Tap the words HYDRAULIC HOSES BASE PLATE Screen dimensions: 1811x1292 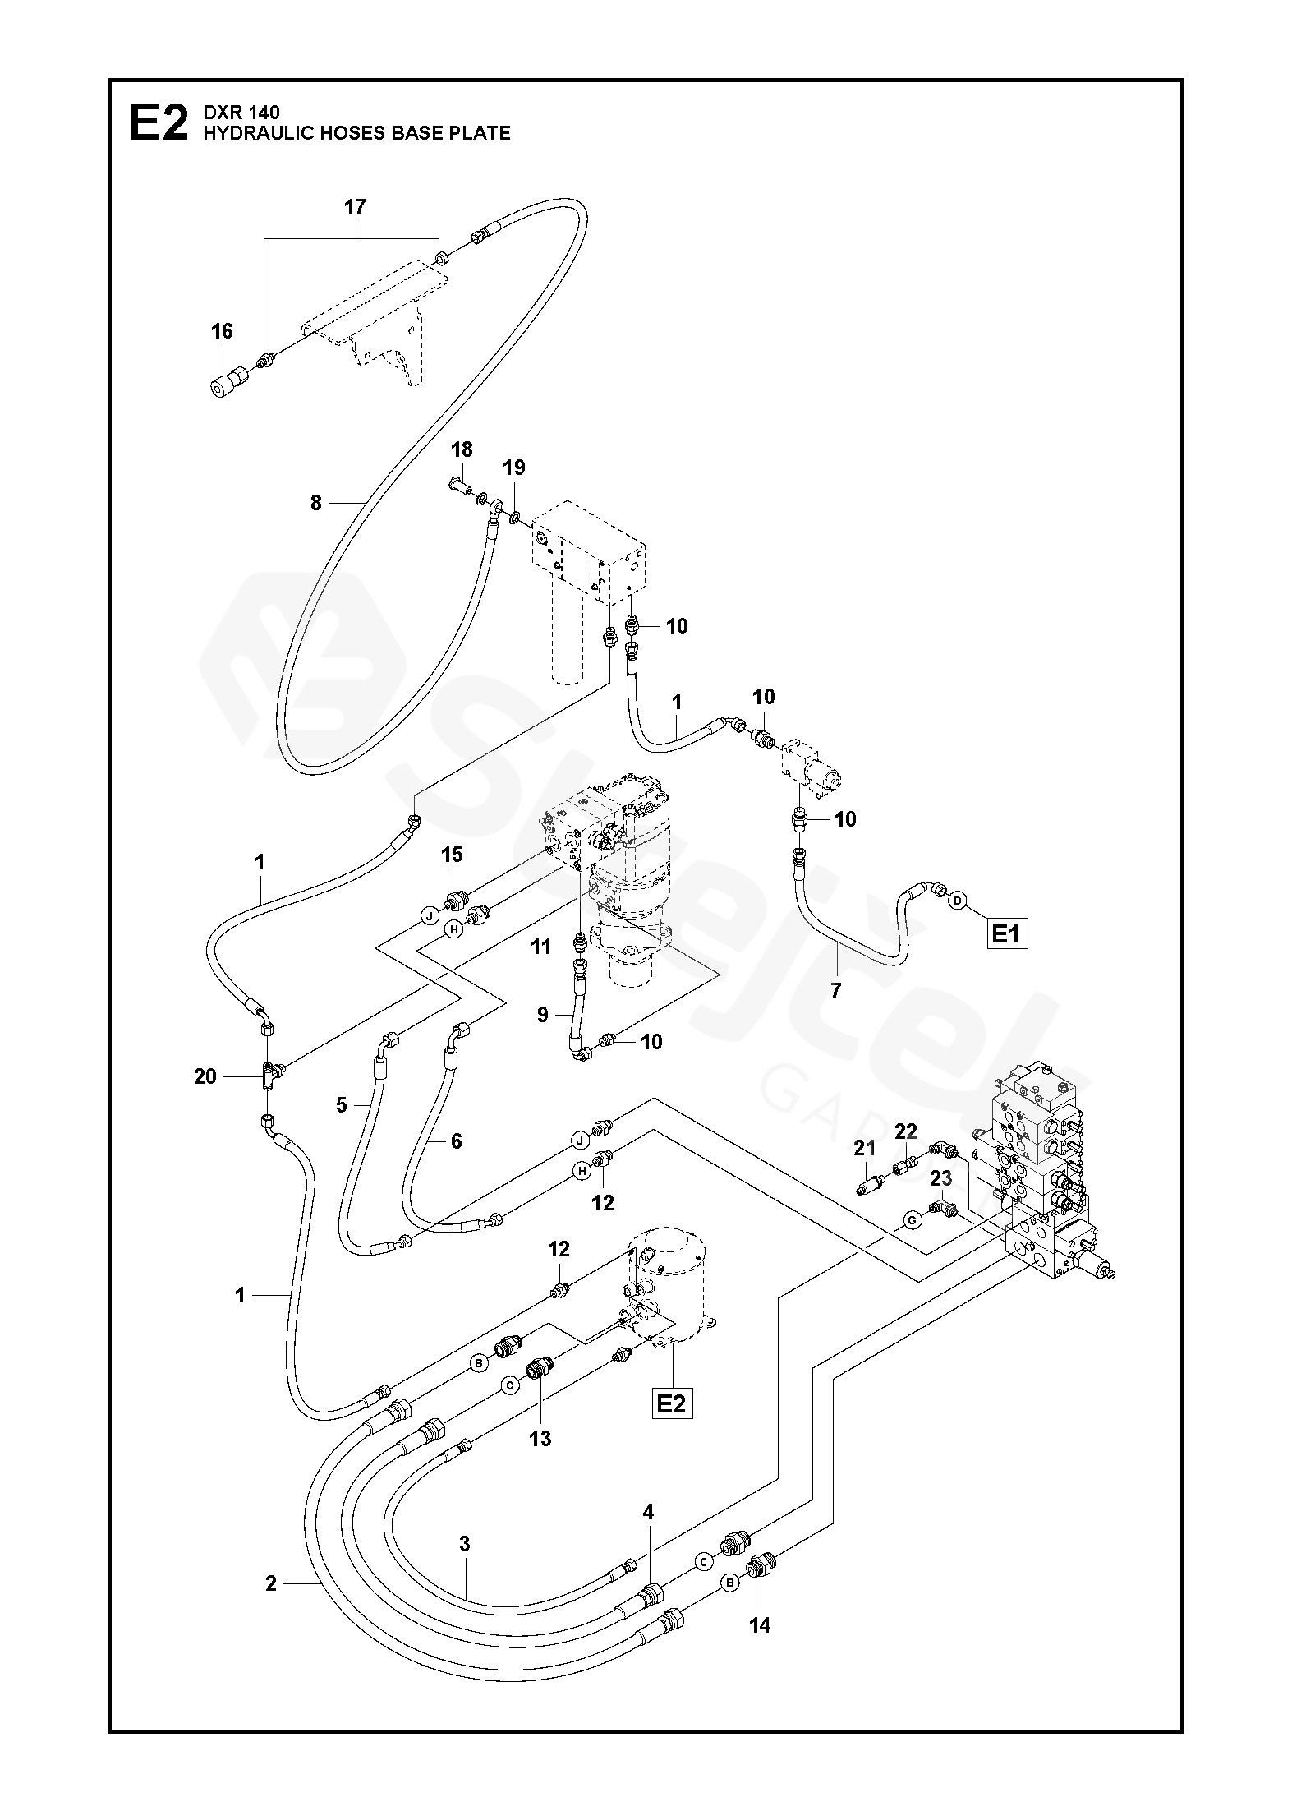356,133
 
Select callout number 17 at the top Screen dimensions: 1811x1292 354,208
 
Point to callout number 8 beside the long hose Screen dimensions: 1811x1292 316,503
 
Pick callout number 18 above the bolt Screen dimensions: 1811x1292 462,449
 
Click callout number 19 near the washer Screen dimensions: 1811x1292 514,468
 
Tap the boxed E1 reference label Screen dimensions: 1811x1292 1006,933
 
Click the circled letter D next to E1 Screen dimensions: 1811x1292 957,901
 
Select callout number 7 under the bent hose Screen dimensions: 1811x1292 836,991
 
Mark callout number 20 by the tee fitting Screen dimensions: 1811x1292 205,1076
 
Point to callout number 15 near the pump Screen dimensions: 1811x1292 452,855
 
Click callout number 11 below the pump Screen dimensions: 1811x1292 541,947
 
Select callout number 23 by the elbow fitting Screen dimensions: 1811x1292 940,1178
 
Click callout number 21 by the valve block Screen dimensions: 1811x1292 864,1148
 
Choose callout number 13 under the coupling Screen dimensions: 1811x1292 540,1438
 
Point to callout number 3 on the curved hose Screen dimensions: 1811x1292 464,1543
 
